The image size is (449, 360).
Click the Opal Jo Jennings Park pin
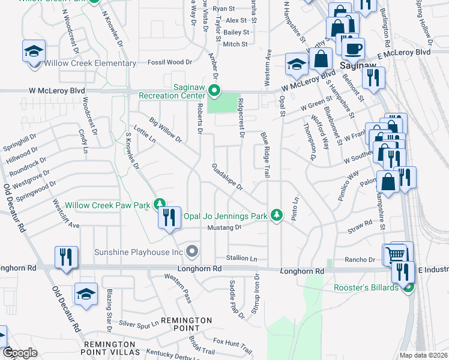[276, 215]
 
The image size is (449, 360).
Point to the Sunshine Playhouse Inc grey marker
[192, 251]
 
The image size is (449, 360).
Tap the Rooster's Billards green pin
[408, 287]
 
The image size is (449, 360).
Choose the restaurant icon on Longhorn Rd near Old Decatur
[65, 257]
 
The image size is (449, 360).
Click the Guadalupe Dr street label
[227, 178]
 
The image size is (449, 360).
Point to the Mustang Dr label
[224, 228]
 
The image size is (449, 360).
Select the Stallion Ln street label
[241, 259]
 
